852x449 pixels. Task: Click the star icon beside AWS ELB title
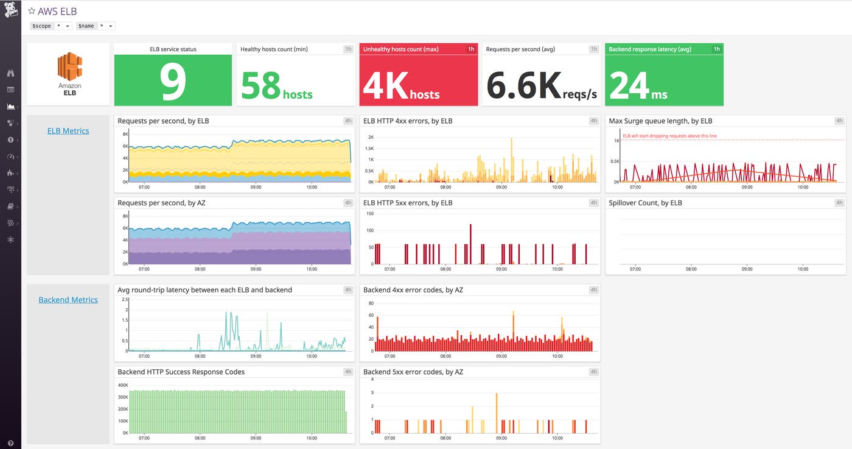point(32,12)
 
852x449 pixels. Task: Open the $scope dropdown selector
point(51,26)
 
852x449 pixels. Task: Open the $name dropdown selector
point(96,26)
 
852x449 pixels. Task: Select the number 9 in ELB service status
point(173,82)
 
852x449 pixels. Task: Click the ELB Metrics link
point(68,130)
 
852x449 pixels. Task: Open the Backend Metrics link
point(68,300)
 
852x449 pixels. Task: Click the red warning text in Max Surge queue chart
point(665,136)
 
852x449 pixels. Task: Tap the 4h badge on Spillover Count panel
point(839,202)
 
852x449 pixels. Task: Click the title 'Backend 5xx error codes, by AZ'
point(413,372)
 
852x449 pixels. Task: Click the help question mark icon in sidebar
point(10,443)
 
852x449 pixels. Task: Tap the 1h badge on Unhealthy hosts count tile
point(471,49)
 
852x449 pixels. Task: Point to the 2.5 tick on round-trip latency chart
point(125,299)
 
